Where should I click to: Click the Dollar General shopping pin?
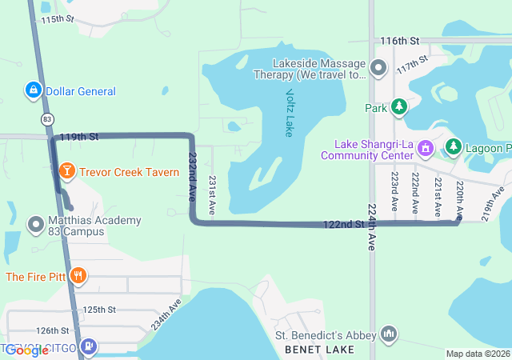[34, 91]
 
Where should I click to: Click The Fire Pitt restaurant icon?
[78, 277]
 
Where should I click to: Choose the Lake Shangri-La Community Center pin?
[426, 149]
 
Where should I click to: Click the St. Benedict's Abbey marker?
[390, 333]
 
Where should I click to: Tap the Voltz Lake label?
[289, 112]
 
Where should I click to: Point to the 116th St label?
[400, 41]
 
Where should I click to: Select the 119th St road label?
[82, 138]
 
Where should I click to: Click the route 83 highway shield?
[48, 118]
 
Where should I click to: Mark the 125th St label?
[100, 310]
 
